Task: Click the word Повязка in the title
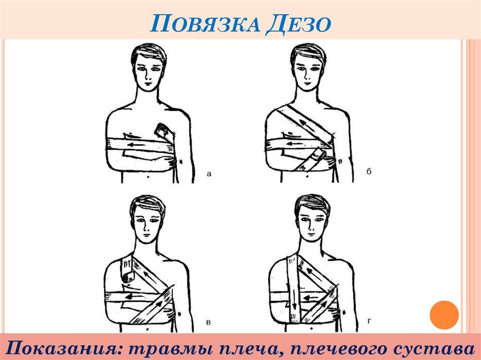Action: coord(205,23)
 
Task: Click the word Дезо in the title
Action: coord(298,23)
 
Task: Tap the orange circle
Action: coord(444,315)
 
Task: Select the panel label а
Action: coord(209,174)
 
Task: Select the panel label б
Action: coord(369,171)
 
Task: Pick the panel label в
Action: coord(209,322)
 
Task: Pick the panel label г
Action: coord(369,321)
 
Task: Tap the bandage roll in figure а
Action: coord(162,130)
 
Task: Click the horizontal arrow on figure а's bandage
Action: coord(135,145)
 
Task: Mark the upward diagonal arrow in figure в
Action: coord(157,306)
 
